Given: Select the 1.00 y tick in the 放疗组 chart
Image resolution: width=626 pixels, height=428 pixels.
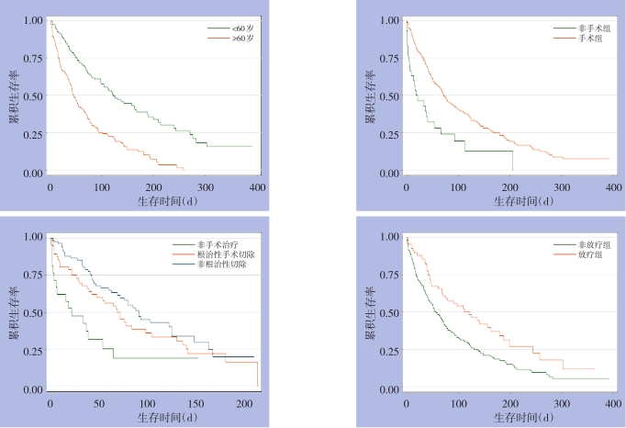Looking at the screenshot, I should [x=388, y=237].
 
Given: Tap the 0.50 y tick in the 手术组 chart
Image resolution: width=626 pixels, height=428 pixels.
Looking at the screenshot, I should [x=388, y=96].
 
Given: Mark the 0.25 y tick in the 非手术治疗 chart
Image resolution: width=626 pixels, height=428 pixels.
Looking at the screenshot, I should [x=32, y=352].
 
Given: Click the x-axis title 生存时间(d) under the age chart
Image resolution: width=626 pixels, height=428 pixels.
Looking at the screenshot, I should [x=154, y=200].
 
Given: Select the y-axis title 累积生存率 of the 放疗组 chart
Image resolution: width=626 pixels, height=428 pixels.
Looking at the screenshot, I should [x=369, y=312].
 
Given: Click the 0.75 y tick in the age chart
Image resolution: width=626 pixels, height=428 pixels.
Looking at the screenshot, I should [x=32, y=58].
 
